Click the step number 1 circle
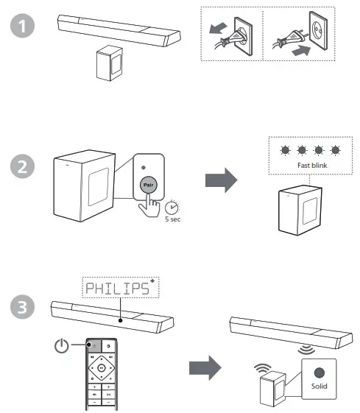[x=22, y=26]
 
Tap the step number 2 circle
[x=22, y=166]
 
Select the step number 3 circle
[x=22, y=307]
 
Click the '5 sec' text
[x=173, y=219]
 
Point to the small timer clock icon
[x=172, y=208]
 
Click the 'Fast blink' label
[x=312, y=166]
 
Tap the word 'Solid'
[x=320, y=386]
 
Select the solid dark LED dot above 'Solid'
[x=320, y=373]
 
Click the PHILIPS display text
[x=118, y=289]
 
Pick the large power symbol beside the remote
[x=62, y=346]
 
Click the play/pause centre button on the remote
[x=102, y=367]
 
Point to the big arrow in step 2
[x=221, y=180]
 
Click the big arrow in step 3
[x=205, y=368]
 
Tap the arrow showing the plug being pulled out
[x=218, y=28]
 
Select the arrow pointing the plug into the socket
[x=301, y=50]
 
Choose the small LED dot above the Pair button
[x=144, y=168]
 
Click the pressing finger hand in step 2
[x=149, y=206]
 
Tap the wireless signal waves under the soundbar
[x=306, y=350]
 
